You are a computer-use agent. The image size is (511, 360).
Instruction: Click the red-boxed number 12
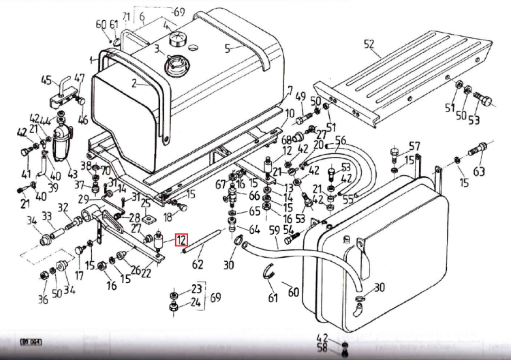tap(181, 240)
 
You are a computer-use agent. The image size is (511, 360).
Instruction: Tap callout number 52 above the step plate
tap(369, 45)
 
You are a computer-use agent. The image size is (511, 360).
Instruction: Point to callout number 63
tap(479, 171)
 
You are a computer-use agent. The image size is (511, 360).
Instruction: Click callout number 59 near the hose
tap(274, 230)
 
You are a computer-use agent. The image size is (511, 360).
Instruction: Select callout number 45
tap(47, 80)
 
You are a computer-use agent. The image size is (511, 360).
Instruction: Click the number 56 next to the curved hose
tap(341, 140)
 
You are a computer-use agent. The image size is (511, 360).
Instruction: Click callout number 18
tap(167, 217)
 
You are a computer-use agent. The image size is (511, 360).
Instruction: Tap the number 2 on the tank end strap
tap(135, 84)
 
